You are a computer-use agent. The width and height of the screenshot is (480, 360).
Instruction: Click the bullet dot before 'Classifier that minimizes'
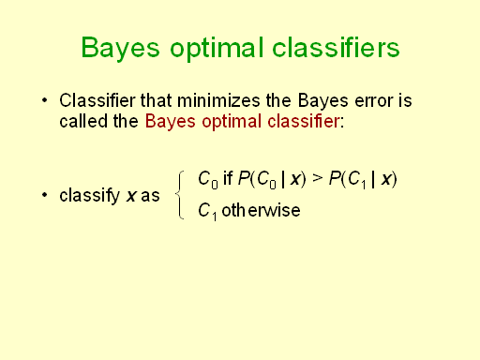pos(43,100)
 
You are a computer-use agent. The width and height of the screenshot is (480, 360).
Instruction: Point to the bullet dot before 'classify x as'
pos(43,196)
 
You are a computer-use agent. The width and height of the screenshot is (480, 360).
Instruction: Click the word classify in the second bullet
pos(89,196)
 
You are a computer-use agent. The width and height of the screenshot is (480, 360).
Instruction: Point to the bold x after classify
pos(131,196)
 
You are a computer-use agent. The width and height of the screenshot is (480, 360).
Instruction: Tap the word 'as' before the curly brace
pos(151,196)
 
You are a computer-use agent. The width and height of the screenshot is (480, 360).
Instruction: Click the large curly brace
pos(180,195)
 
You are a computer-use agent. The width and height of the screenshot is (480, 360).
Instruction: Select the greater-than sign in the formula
pos(317,178)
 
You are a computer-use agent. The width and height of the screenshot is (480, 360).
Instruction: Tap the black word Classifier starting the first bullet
pos(96,100)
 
